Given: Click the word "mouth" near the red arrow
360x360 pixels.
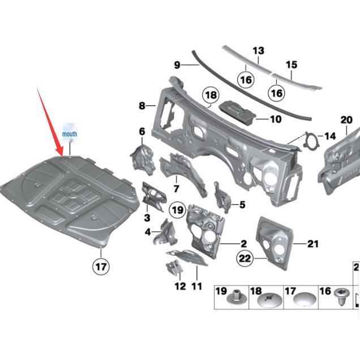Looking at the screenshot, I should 70,134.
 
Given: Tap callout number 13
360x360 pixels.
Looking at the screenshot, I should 258,51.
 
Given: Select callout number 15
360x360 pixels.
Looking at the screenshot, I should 291,65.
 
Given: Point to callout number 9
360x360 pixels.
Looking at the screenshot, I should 177,65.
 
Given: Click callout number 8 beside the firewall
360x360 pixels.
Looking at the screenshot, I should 142,105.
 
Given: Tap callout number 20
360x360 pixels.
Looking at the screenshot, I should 346,119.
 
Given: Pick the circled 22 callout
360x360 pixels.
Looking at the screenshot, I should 244,259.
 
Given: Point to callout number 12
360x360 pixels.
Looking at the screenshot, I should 180,286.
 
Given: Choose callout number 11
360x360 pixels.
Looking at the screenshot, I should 196,286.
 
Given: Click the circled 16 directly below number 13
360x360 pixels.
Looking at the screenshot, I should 245,80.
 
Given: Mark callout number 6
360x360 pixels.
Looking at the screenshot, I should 142,132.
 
